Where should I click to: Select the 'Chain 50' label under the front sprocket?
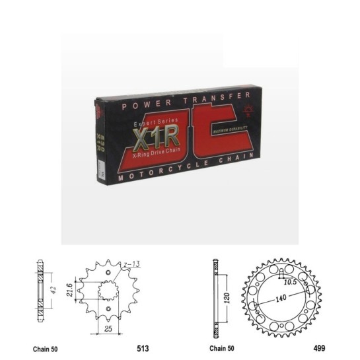point(44,347)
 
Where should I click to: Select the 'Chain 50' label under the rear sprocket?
point(223,347)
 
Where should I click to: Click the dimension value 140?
point(281,299)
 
